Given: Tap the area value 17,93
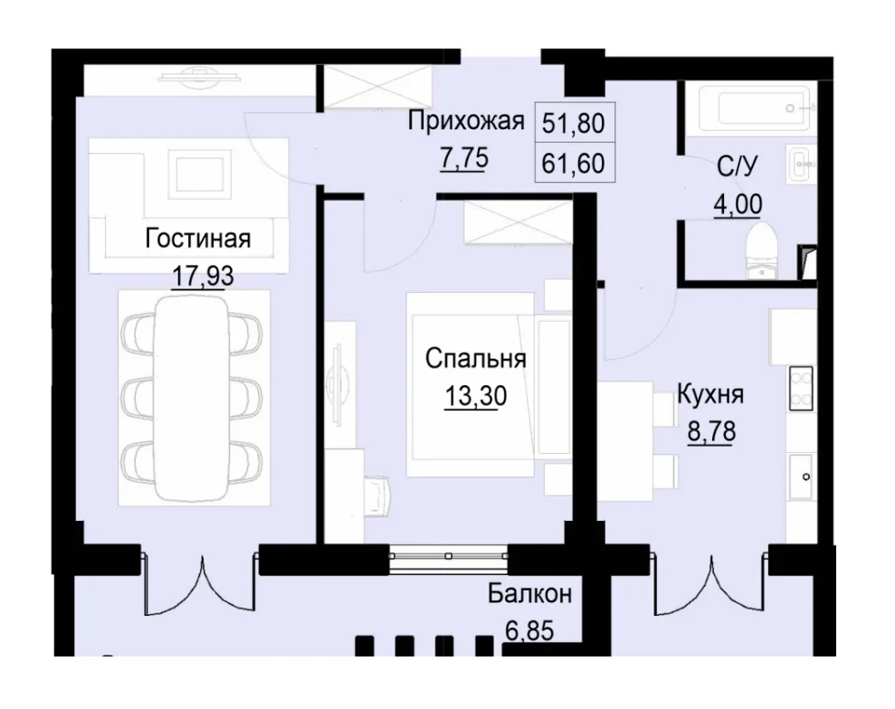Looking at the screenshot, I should (x=203, y=276).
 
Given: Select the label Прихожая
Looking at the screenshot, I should (x=466, y=120).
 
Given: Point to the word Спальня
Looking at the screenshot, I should (x=476, y=359).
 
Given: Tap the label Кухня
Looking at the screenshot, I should (x=710, y=394).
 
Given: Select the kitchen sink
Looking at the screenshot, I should (x=801, y=477).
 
